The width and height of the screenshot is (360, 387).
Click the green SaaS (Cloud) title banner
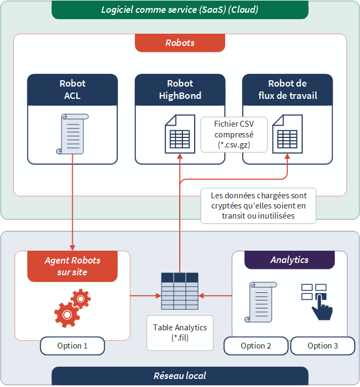click(x=180, y=10)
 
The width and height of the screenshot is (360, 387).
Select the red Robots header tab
click(x=180, y=43)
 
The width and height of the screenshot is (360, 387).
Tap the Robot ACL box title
click(x=72, y=90)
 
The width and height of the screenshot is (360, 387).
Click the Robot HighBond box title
click(x=180, y=90)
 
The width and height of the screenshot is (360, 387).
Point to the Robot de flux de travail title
click(x=287, y=90)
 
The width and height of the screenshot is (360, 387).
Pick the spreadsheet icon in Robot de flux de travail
click(x=287, y=134)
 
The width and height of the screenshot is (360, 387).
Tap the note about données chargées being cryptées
click(x=258, y=205)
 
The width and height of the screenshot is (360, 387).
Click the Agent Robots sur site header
click(x=72, y=266)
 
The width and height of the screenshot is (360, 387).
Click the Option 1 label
click(x=72, y=346)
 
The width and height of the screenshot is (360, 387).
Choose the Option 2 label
click(x=256, y=346)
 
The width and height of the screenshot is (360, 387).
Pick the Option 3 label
click(x=323, y=346)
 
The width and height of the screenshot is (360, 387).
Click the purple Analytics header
click(x=289, y=260)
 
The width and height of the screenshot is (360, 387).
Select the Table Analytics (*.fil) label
click(x=180, y=332)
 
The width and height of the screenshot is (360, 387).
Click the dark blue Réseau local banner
click(x=180, y=376)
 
